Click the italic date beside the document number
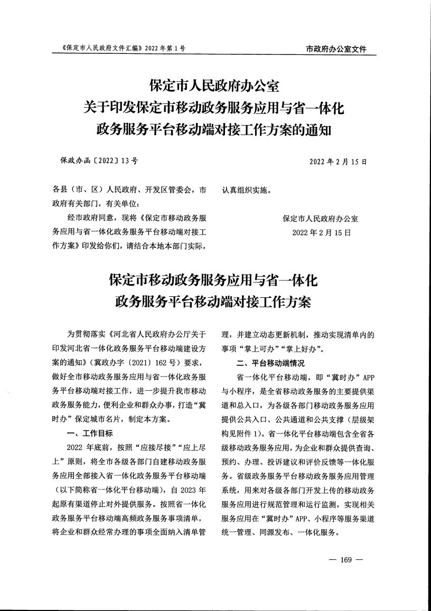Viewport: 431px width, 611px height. pos(338,161)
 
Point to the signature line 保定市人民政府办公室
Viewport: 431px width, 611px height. pos(321,219)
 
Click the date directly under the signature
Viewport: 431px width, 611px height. pos(321,232)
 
